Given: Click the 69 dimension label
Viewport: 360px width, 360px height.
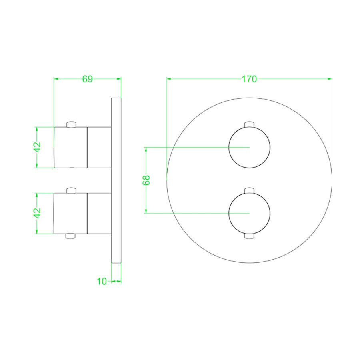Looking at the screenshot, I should point(87,79).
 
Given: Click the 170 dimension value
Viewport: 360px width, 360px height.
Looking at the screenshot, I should point(249,79).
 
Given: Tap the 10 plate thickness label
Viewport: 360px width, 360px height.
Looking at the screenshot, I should point(102,281).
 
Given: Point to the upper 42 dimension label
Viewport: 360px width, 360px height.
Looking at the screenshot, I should point(37,147).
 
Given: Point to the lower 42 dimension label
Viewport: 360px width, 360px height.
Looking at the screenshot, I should point(37,213).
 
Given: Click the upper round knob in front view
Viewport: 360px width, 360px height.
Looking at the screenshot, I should point(249,147).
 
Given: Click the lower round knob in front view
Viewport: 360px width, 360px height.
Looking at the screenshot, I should point(249,213).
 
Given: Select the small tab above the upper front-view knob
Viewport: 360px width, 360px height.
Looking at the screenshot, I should point(249,124).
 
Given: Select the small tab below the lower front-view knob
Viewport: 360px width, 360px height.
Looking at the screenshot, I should point(249,236).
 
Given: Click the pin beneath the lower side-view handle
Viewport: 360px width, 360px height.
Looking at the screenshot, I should point(71,236).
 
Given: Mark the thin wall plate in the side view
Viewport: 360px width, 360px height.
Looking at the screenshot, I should point(116,180).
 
